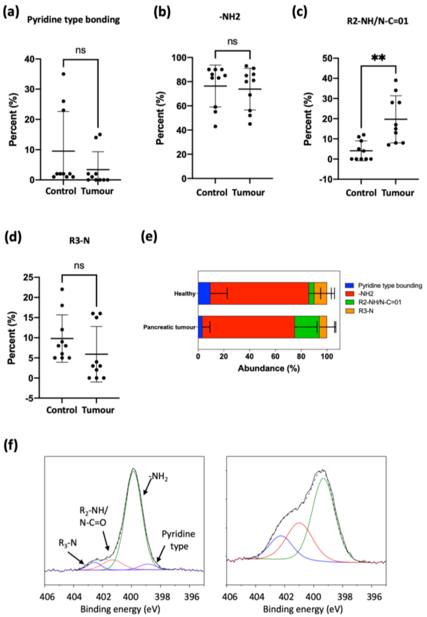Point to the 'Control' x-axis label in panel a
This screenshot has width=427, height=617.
coord(61,192)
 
